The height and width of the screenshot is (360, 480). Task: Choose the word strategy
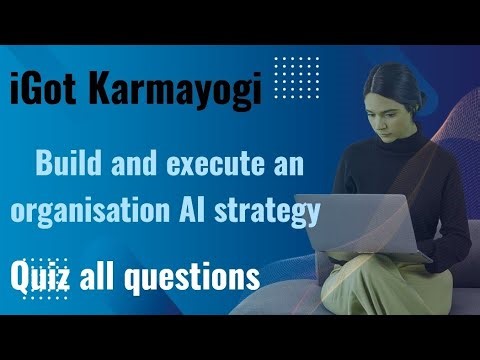[286, 211]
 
